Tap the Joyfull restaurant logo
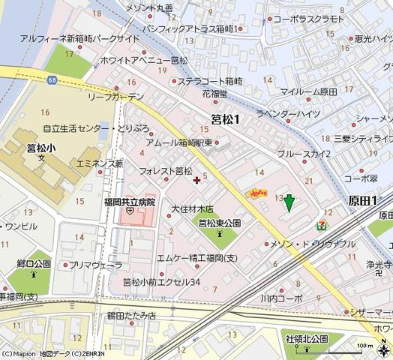258,193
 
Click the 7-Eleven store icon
322,224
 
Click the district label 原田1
363,200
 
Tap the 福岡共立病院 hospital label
130,202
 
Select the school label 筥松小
42,148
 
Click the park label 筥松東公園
219,223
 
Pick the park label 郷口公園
31,264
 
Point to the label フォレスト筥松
166,172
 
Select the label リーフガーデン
116,97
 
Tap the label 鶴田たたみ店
130,316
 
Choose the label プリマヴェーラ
96,265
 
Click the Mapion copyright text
53,352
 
